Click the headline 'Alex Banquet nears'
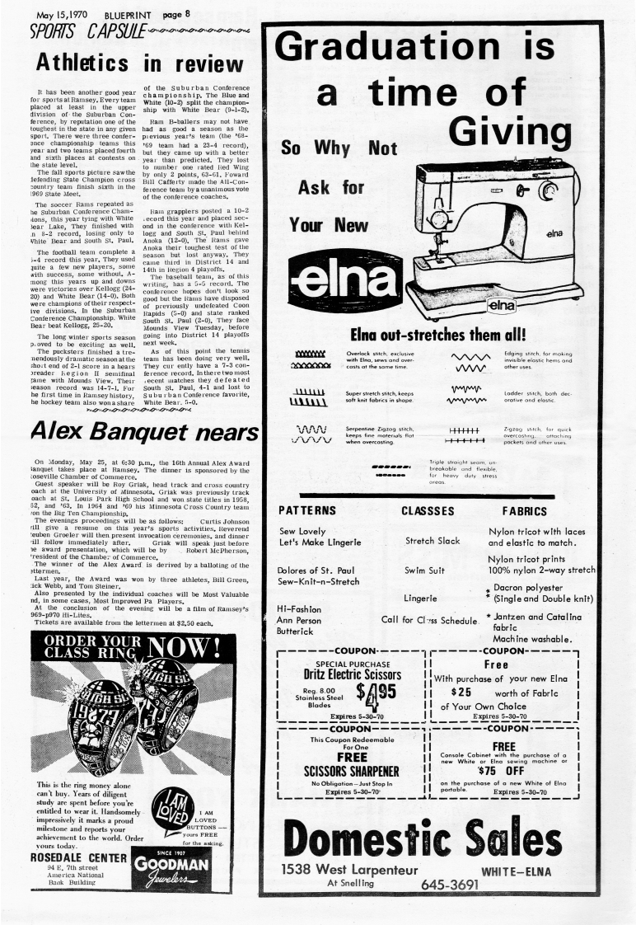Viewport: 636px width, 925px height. point(143,432)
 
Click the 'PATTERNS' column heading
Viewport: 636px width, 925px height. point(306,511)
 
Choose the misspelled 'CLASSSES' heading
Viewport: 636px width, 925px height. point(429,511)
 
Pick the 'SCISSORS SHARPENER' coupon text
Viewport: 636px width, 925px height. point(353,771)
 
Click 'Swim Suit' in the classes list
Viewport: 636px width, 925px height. point(425,570)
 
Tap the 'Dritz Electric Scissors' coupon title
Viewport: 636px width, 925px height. point(353,674)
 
